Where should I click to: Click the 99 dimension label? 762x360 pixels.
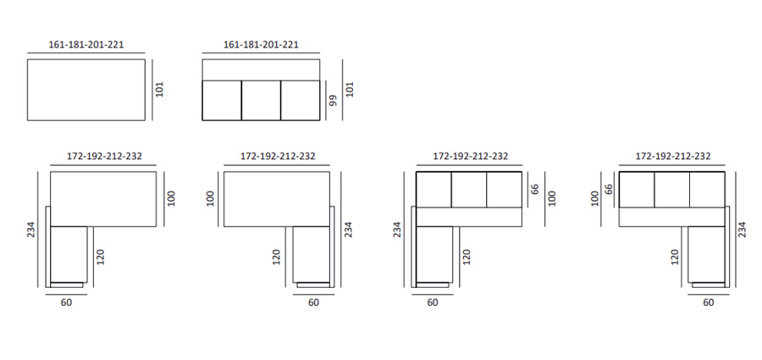click(333, 100)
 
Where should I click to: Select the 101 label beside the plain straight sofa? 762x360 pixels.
click(159, 89)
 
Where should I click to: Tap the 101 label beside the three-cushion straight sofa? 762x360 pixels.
click(351, 89)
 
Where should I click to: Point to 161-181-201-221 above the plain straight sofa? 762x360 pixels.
click(86, 44)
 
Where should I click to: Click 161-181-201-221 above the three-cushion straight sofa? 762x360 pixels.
click(261, 44)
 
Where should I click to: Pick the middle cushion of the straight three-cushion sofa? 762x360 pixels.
click(261, 99)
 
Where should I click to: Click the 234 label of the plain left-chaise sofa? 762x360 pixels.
click(30, 228)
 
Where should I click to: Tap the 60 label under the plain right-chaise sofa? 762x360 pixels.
click(313, 302)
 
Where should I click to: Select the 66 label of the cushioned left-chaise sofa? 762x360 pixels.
click(535, 188)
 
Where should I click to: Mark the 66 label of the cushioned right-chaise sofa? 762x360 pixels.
click(609, 188)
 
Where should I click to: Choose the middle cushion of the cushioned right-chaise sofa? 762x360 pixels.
click(672, 188)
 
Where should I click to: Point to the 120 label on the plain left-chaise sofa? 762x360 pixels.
click(100, 256)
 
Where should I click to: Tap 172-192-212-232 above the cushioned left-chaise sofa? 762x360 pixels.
click(471, 157)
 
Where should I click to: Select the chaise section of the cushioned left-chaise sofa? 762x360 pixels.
click(436, 254)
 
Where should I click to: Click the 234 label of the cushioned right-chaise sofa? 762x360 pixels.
click(742, 228)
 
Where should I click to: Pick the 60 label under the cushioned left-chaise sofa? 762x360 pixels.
click(433, 302)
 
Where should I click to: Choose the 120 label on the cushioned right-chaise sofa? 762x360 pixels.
click(675, 256)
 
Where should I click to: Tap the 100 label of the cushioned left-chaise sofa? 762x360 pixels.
click(552, 198)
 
